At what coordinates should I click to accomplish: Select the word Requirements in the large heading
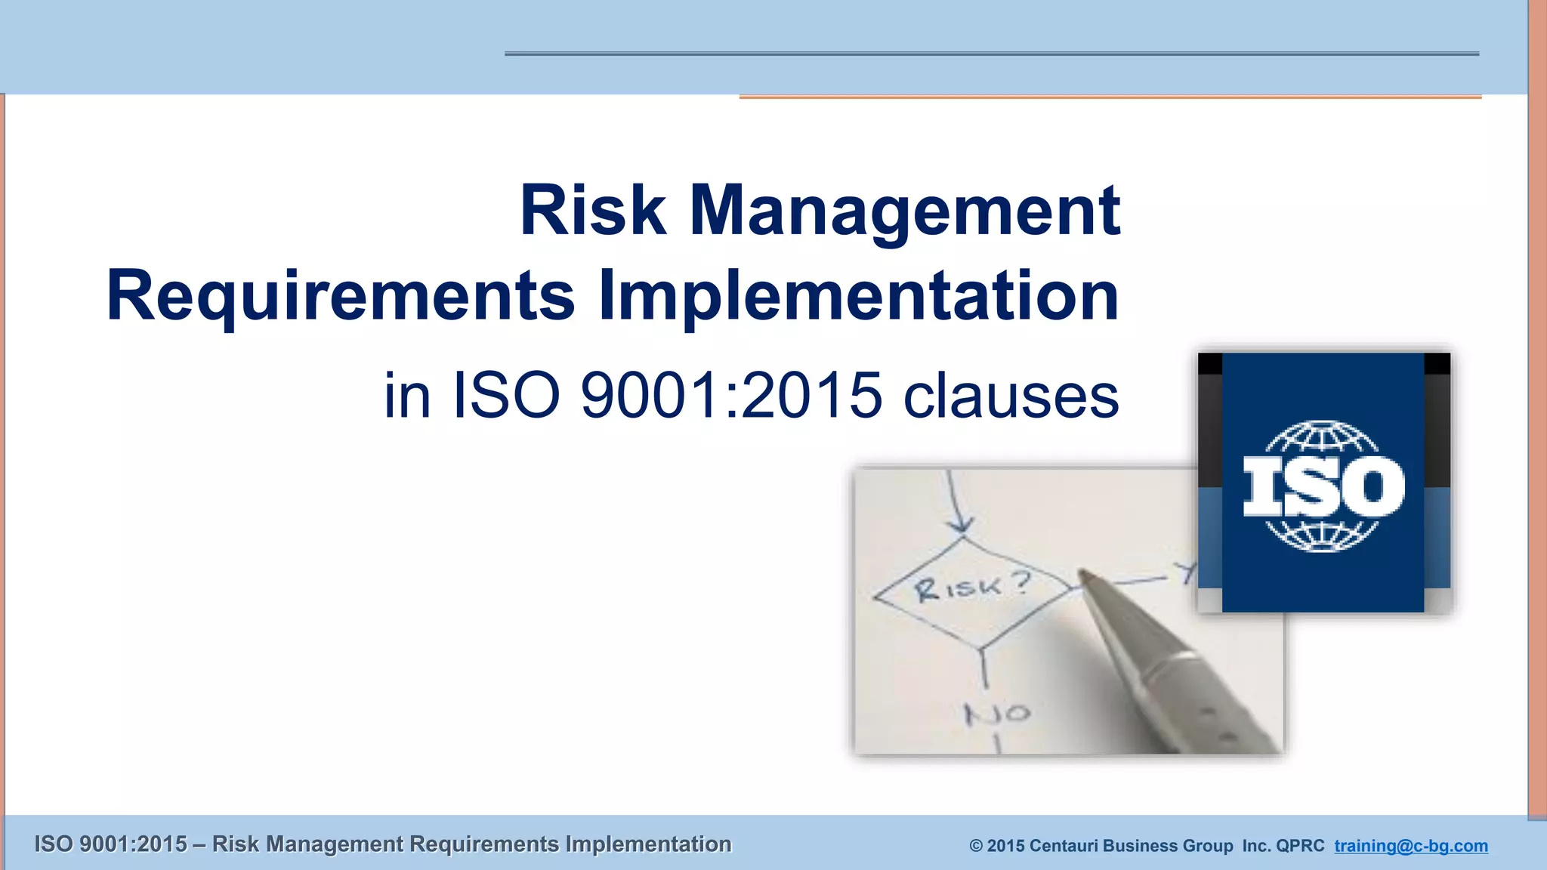pyautogui.click(x=341, y=296)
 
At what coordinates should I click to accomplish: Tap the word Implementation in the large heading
pyautogui.click(x=858, y=296)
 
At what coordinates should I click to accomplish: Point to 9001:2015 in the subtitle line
pyautogui.click(x=730, y=395)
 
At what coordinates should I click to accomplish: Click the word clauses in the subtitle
pyautogui.click(x=1011, y=395)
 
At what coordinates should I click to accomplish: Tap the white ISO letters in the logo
pyautogui.click(x=1323, y=488)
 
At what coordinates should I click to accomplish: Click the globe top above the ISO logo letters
pyautogui.click(x=1323, y=438)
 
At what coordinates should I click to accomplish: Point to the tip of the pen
pyautogui.click(x=1082, y=575)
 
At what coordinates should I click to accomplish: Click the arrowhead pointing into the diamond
pyautogui.click(x=961, y=525)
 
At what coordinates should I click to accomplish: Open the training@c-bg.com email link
pyautogui.click(x=1410, y=845)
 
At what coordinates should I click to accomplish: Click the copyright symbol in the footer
pyautogui.click(x=976, y=846)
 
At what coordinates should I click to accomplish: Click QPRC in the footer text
pyautogui.click(x=1299, y=845)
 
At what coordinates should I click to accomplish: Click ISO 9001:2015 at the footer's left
pyautogui.click(x=110, y=844)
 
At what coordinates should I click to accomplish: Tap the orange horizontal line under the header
pyautogui.click(x=1110, y=97)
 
